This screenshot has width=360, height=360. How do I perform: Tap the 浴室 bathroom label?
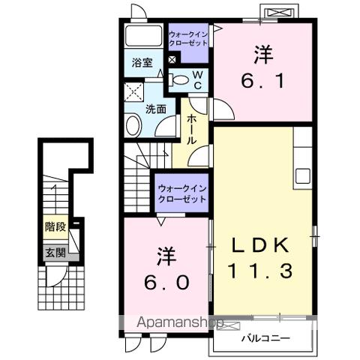pyautogui.click(x=142, y=63)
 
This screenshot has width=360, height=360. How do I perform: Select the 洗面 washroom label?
pyautogui.click(x=155, y=109)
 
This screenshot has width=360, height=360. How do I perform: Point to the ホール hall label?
pyautogui.click(x=192, y=130)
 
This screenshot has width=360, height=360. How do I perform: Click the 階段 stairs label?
pyautogui.click(x=54, y=224)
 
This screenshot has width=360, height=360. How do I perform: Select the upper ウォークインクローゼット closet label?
pyautogui.click(x=189, y=38)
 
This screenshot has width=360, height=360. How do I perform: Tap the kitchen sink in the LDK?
pyautogui.click(x=303, y=176)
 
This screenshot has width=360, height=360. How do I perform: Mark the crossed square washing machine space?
pyautogui.click(x=134, y=93)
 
